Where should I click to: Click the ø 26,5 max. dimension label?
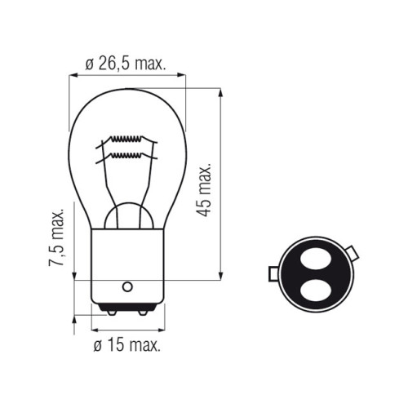tap(126, 64)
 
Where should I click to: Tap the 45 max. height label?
tap(204, 190)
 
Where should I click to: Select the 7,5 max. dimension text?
tap(56, 237)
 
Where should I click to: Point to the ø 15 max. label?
tap(126, 345)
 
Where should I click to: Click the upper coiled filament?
tap(126, 139)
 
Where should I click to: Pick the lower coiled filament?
tap(126, 155)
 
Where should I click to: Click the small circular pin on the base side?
tap(127, 286)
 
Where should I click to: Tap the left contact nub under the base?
tap(112, 313)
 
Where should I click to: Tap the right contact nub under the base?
tap(143, 313)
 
